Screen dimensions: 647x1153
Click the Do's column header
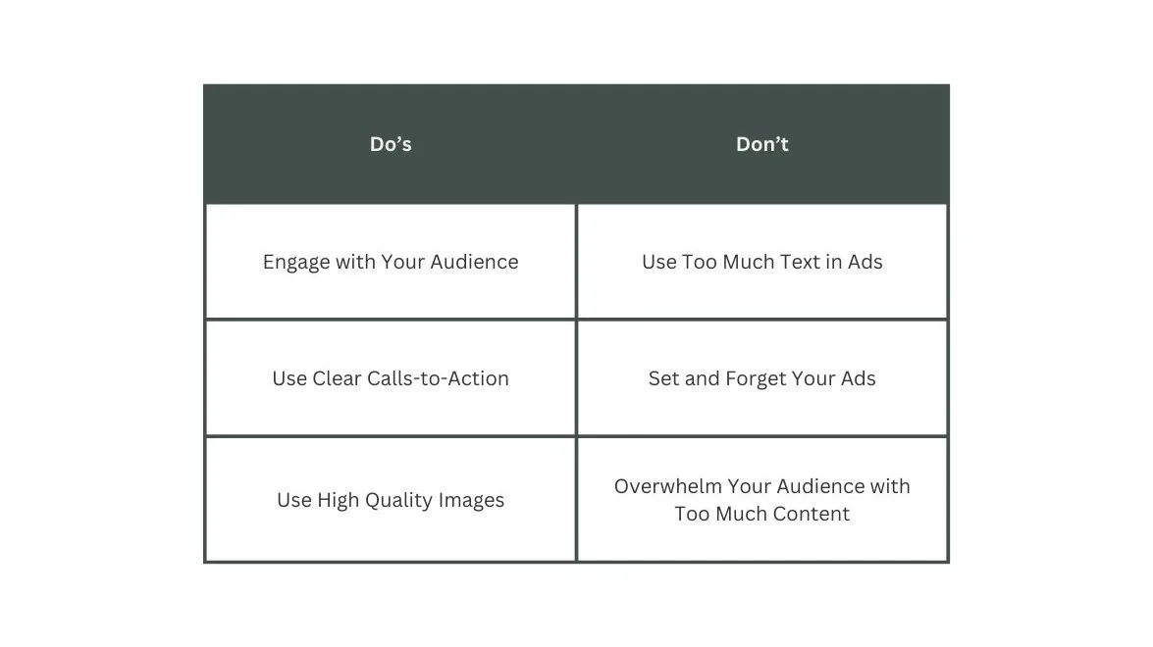tap(391, 144)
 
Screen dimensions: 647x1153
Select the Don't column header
tap(762, 144)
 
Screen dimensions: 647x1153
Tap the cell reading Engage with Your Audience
tap(391, 262)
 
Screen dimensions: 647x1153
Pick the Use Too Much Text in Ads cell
tap(762, 262)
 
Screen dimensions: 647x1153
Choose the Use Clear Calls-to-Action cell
tap(391, 378)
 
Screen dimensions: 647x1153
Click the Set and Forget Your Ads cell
tap(762, 378)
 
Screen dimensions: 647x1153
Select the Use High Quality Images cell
tap(391, 500)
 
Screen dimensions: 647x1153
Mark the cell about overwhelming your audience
tap(762, 500)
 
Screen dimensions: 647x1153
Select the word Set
tap(663, 378)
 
